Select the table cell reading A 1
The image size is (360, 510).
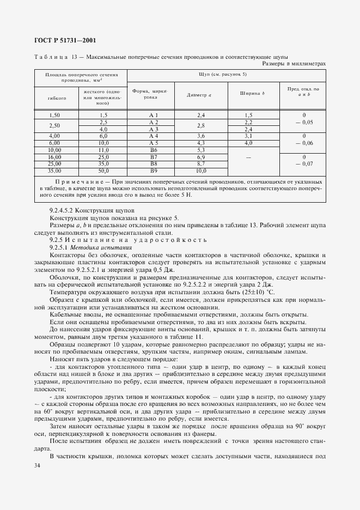(153, 115)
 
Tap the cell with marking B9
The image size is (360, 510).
(153, 171)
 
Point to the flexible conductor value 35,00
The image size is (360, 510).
(54, 171)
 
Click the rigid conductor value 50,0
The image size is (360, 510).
(103, 171)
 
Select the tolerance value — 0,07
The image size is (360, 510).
(304, 163)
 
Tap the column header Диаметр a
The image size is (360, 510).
(199, 94)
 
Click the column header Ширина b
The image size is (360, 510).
(252, 94)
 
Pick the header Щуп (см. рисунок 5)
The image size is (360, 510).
(227, 74)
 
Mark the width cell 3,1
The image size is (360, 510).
(248, 136)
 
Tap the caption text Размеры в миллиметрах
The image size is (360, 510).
(294, 63)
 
